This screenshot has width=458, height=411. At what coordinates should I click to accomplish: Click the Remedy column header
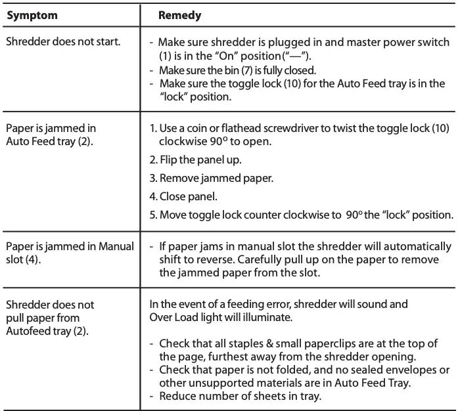(180, 14)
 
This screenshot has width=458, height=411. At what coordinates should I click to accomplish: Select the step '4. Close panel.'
(185, 196)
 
